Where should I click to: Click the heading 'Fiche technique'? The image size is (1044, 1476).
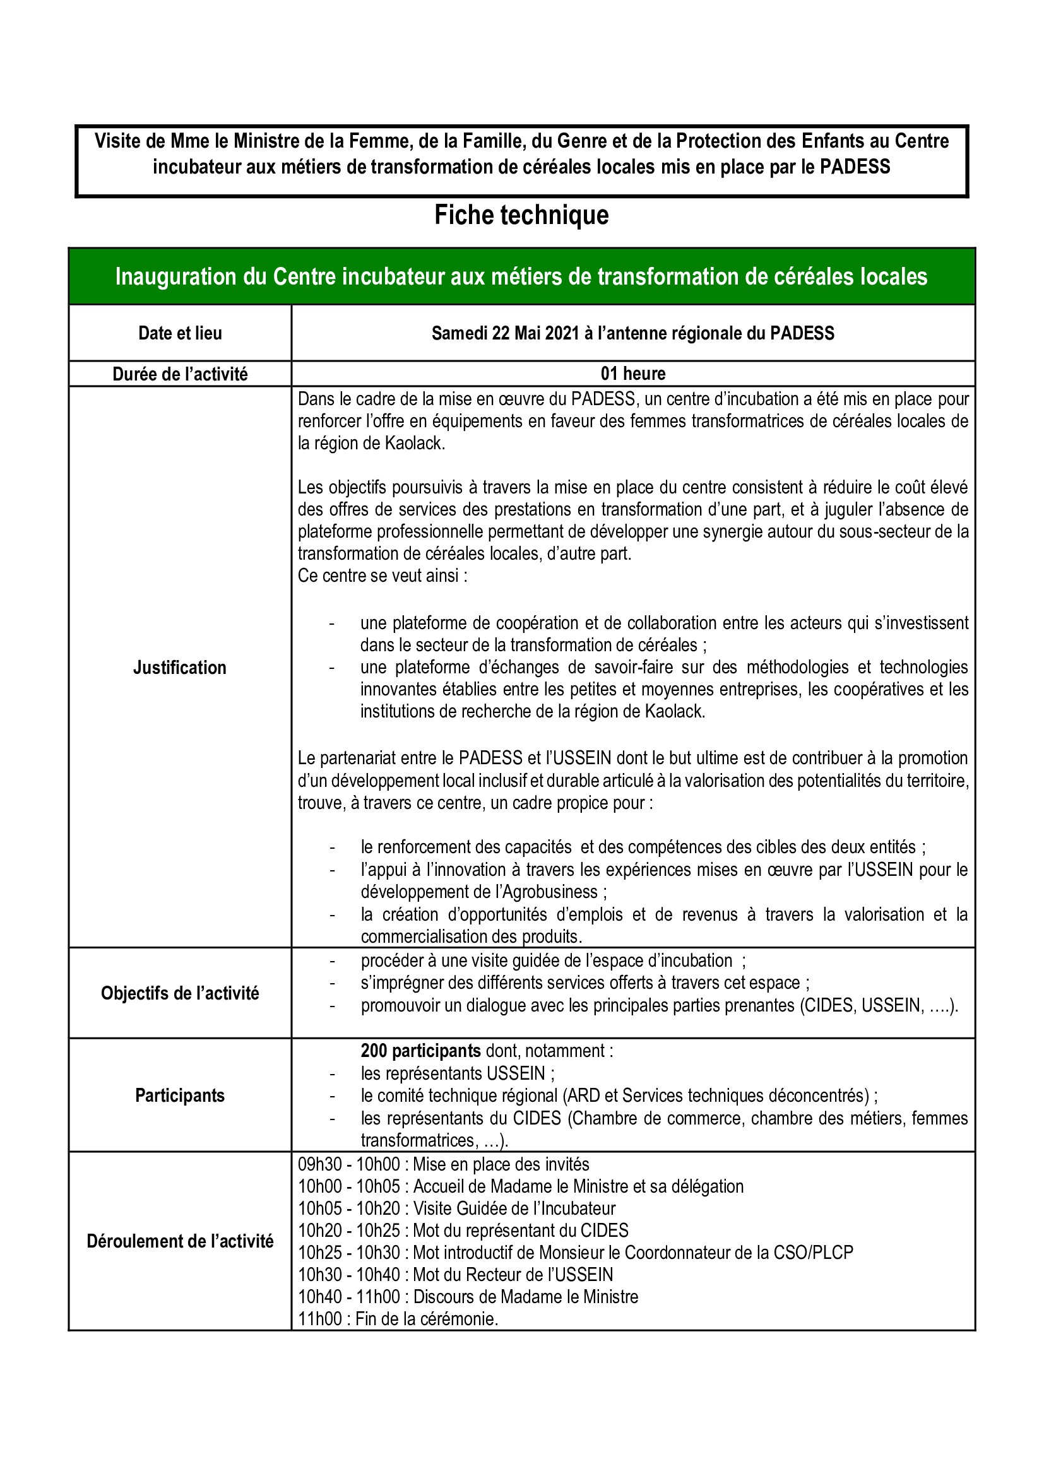click(x=521, y=215)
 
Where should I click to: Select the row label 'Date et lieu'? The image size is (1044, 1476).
click(x=180, y=333)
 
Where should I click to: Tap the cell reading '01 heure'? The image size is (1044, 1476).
click(x=633, y=374)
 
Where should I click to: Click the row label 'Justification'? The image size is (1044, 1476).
click(x=180, y=668)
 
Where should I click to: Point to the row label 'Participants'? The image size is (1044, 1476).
click(x=180, y=1095)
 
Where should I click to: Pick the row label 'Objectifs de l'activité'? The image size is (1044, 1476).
click(x=180, y=993)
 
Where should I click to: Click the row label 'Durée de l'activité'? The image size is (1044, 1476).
click(x=180, y=374)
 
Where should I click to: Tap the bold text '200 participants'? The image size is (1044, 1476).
click(x=420, y=1051)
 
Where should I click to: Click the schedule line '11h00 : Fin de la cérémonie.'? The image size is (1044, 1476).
click(x=398, y=1319)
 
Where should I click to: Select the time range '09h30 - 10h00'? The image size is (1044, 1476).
click(x=348, y=1164)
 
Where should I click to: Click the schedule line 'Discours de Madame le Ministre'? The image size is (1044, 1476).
click(x=525, y=1297)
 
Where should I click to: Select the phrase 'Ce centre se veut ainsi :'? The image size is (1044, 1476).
click(x=383, y=576)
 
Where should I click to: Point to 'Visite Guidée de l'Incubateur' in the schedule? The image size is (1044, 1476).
click(x=514, y=1208)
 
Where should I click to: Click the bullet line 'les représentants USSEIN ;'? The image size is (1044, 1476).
click(x=458, y=1073)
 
